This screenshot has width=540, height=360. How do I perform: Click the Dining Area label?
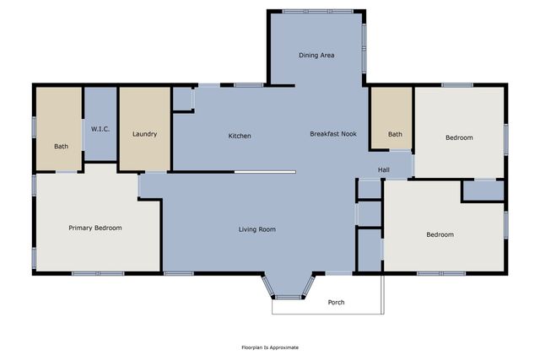[x=317, y=56]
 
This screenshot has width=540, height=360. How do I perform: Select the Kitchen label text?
[x=240, y=136]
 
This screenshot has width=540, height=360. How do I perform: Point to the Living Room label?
[x=256, y=229]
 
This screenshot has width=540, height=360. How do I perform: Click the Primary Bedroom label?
[x=95, y=228]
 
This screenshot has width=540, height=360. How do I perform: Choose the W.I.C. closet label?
[x=100, y=129]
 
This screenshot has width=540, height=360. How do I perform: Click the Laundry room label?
[x=144, y=134]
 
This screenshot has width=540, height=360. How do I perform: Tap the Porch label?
[x=336, y=302]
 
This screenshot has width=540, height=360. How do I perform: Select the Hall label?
[x=384, y=169]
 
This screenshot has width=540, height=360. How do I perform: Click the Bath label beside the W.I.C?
[x=62, y=147]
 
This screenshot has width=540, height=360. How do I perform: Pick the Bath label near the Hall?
[x=395, y=134]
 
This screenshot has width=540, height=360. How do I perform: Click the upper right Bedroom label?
[x=459, y=137]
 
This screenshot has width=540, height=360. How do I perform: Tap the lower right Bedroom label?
[x=440, y=234]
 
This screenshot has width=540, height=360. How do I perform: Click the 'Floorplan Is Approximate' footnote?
[x=270, y=347]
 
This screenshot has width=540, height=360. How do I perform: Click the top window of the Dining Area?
[x=305, y=11]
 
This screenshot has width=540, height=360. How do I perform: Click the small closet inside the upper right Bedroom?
[x=483, y=191]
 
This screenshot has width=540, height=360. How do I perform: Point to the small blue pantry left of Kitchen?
[x=182, y=99]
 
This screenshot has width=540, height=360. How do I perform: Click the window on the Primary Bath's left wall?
[x=34, y=126]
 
